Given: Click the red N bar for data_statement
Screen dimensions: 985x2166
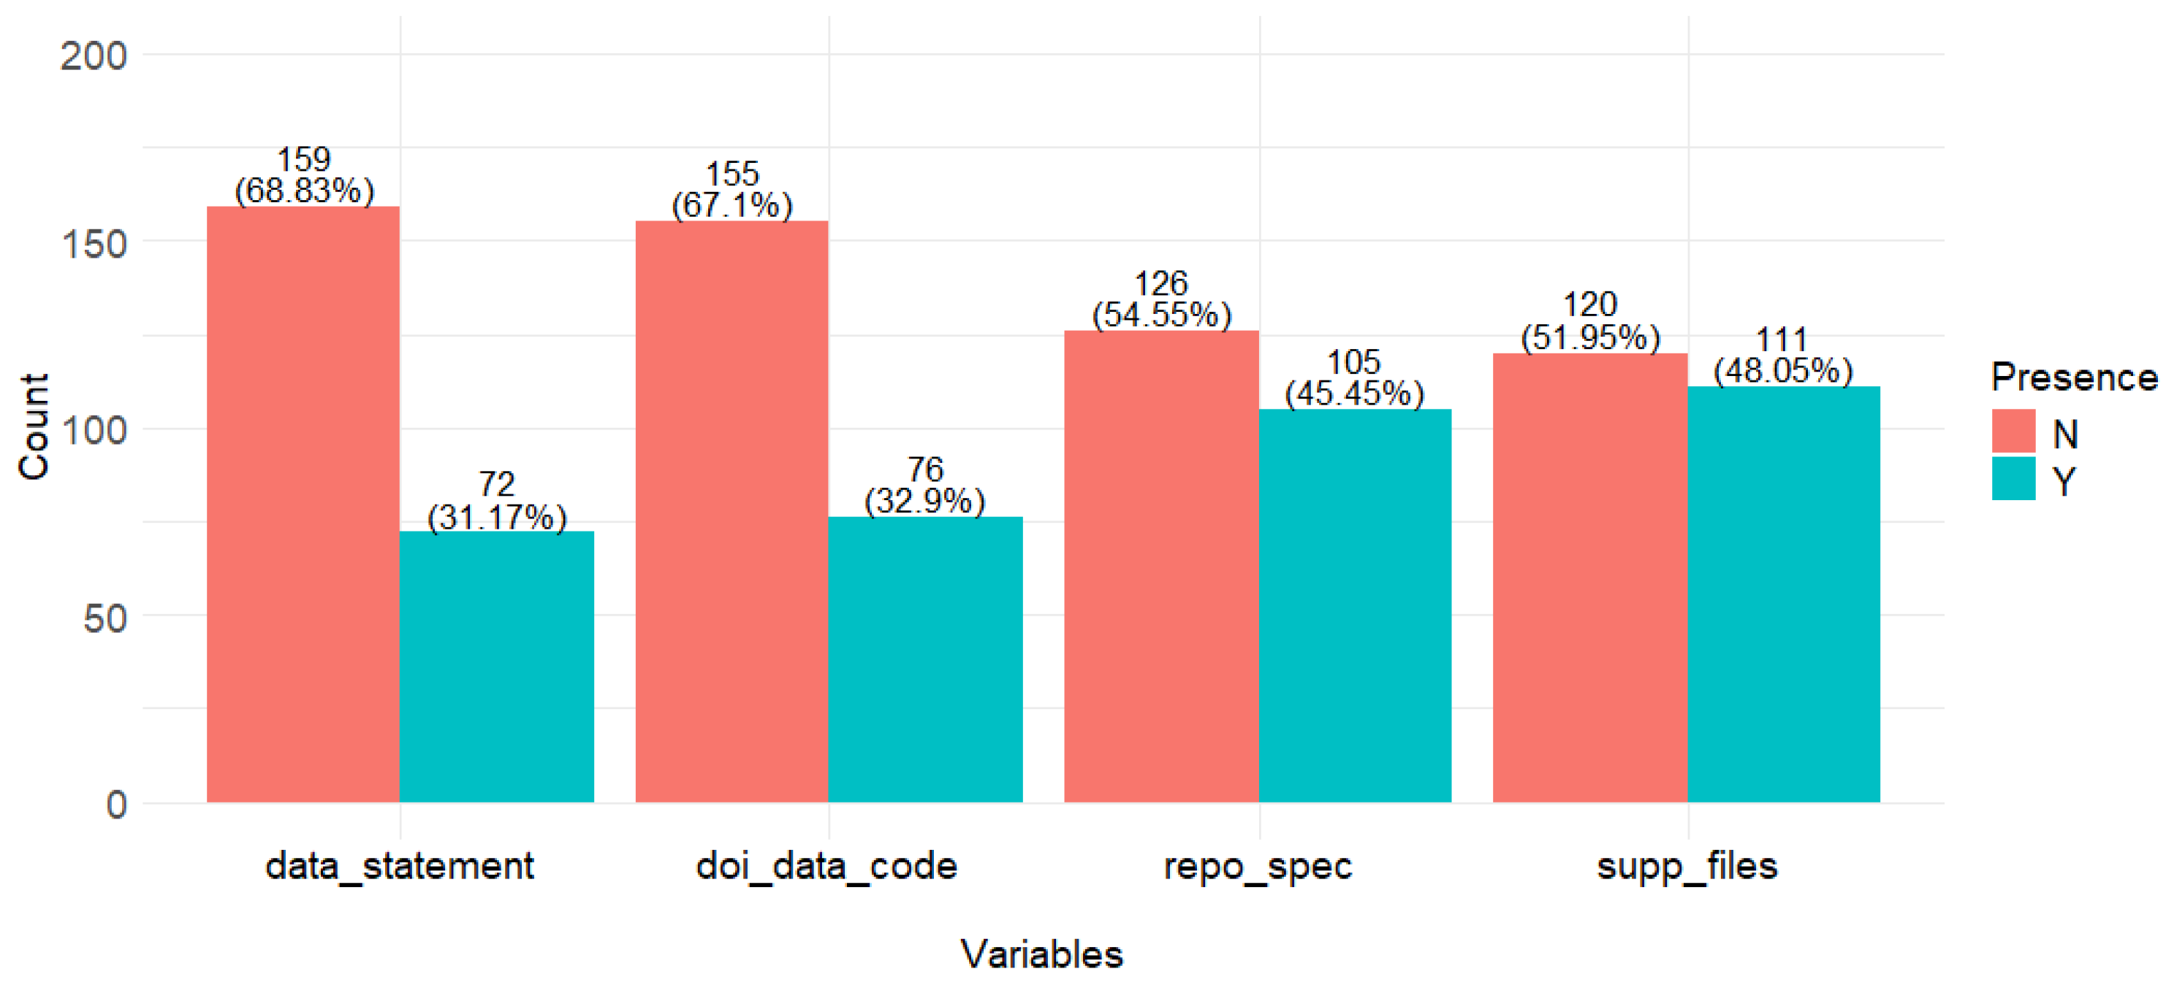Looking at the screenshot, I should (x=303, y=505).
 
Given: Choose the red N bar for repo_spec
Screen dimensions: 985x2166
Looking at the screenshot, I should (x=1161, y=567).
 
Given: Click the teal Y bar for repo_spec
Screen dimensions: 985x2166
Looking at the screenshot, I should (x=1355, y=605).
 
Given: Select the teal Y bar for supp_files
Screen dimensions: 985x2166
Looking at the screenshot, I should (x=1783, y=594).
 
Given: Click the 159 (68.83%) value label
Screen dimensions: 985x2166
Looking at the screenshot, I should (x=303, y=175).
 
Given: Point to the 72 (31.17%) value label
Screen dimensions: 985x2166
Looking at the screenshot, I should (x=497, y=501).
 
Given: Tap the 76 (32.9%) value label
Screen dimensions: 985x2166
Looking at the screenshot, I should (x=925, y=486).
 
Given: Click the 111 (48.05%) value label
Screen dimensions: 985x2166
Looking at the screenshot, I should (x=1783, y=356).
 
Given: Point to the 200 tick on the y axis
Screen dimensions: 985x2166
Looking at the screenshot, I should (x=94, y=56).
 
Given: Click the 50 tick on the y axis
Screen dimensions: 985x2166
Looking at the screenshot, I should (x=105, y=619).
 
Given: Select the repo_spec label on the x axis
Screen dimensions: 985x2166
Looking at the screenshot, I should (x=1258, y=867).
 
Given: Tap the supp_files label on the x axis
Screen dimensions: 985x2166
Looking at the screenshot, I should (x=1687, y=867).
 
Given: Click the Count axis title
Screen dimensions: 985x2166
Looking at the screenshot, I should (x=34, y=427).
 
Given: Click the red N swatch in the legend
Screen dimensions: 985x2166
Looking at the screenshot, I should (x=2013, y=431).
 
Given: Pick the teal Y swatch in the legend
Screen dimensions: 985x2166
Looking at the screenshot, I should (x=2013, y=479).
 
